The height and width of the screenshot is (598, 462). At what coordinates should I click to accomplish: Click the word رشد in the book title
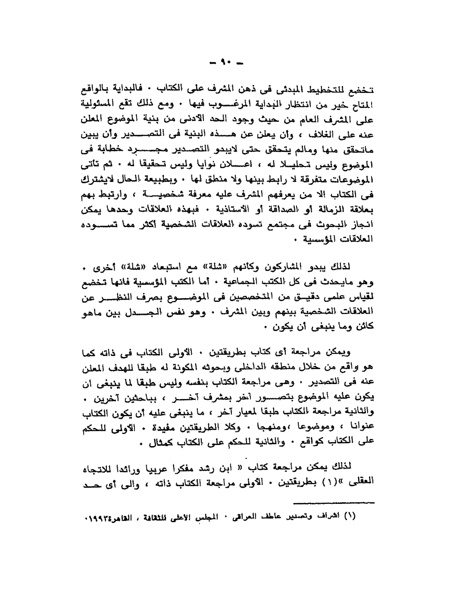coord(207,470)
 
